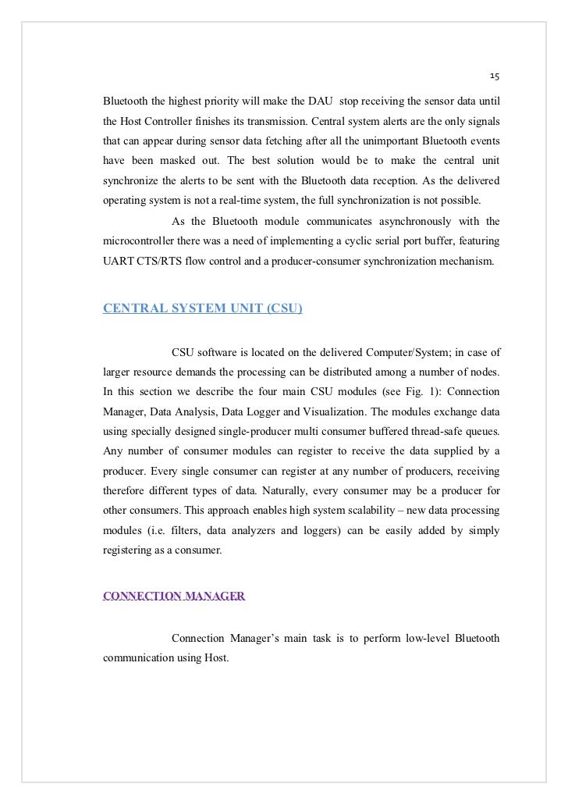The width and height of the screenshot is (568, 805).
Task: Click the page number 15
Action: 495,77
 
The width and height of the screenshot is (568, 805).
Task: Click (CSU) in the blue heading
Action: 284,308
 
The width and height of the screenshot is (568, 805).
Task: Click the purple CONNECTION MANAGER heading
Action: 174,597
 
